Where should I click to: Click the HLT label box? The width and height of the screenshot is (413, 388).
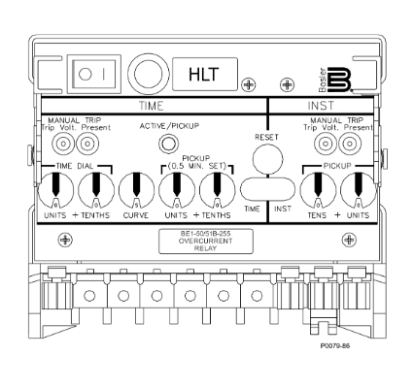[x=205, y=74]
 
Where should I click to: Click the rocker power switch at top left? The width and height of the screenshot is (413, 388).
[x=94, y=74]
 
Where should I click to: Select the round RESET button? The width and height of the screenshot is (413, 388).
[x=267, y=159]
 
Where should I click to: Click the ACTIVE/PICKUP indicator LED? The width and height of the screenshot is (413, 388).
[x=168, y=144]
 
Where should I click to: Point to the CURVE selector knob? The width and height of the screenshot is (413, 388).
[x=136, y=190]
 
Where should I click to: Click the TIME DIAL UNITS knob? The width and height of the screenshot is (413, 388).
[x=55, y=190]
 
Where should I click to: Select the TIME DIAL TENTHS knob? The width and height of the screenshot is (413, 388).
[x=96, y=190]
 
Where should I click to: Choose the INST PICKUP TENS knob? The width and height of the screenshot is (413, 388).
[x=318, y=190]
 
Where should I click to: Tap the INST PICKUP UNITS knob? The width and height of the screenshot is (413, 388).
[x=359, y=190]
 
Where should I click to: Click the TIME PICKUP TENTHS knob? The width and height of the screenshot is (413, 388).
[x=217, y=190]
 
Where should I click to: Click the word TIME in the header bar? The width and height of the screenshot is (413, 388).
[x=152, y=106]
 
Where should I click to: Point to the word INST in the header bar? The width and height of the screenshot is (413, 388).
[x=321, y=106]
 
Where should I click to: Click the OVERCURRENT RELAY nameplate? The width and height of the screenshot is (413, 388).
[x=206, y=242]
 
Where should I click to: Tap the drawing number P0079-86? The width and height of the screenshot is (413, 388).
[x=335, y=346]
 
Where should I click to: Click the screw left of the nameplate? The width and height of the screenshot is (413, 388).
[x=65, y=240]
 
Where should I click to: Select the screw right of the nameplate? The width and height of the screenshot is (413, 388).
[x=349, y=240]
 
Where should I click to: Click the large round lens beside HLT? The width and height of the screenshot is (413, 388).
[x=149, y=74]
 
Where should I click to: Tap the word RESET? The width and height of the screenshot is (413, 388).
[x=266, y=137]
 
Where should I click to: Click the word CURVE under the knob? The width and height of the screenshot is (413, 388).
[x=136, y=215]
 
